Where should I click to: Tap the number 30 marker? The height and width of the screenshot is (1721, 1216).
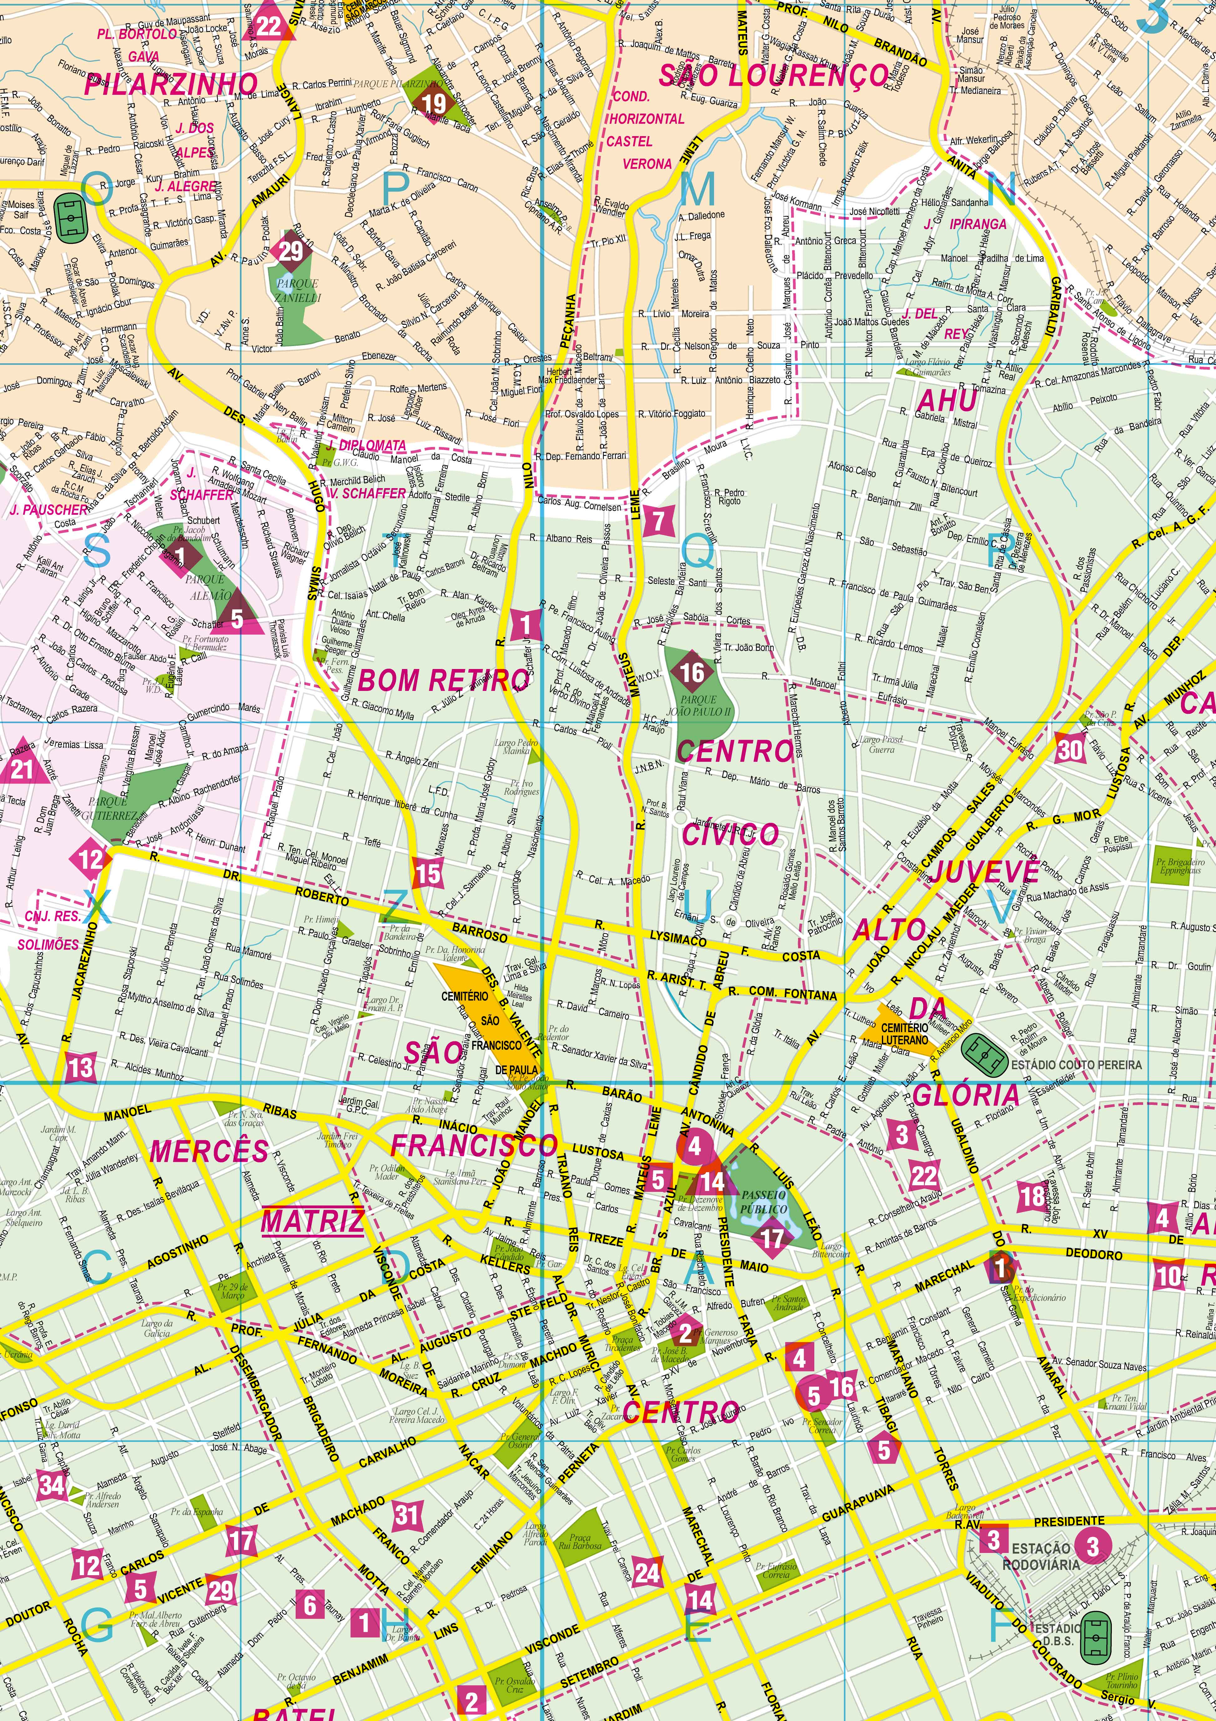tap(1070, 749)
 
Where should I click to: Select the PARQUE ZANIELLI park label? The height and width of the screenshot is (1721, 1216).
tap(298, 291)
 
